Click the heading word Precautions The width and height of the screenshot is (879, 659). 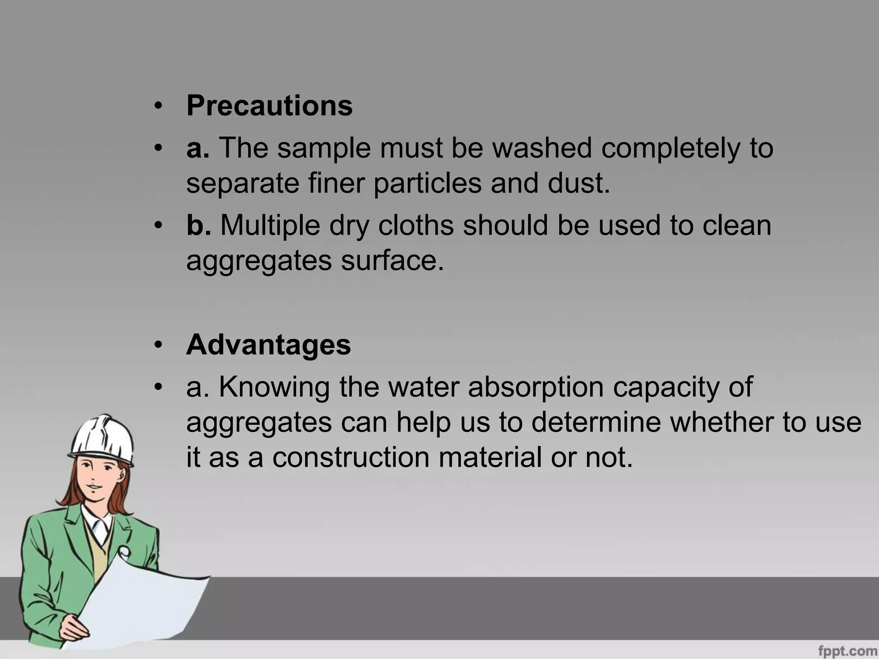(269, 106)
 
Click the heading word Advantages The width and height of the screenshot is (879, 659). (268, 345)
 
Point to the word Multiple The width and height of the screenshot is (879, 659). (270, 226)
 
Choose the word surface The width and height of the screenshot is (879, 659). (392, 260)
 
